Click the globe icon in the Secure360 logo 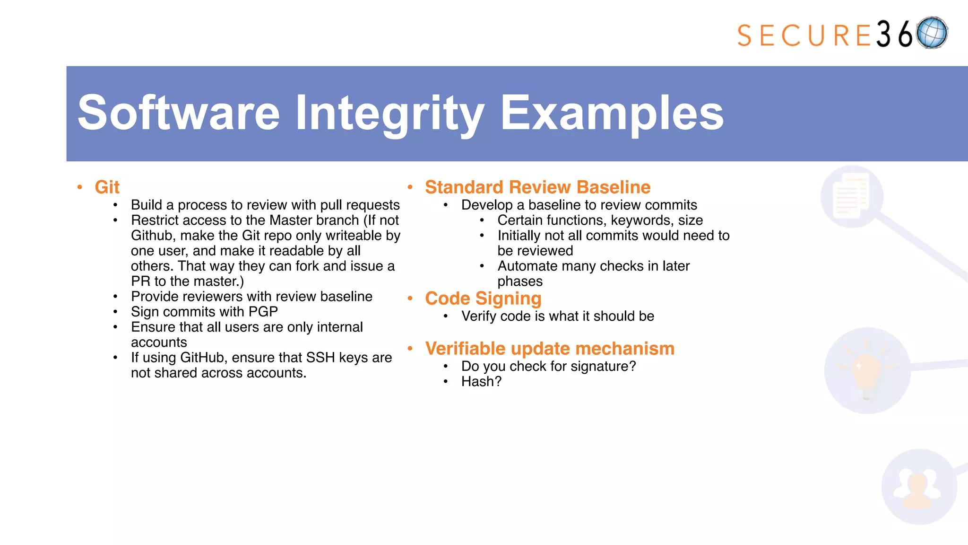pos(932,33)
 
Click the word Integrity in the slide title pos(390,113)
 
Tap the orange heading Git pos(107,187)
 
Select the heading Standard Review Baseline pos(537,187)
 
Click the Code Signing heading pos(483,299)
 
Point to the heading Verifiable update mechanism pos(549,349)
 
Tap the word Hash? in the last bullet pos(481,382)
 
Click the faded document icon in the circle pos(851,196)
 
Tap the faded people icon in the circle pos(917,487)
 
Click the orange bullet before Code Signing pos(410,299)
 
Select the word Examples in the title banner pos(612,113)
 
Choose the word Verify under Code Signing pos(478,316)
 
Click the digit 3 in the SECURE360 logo pos(883,35)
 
